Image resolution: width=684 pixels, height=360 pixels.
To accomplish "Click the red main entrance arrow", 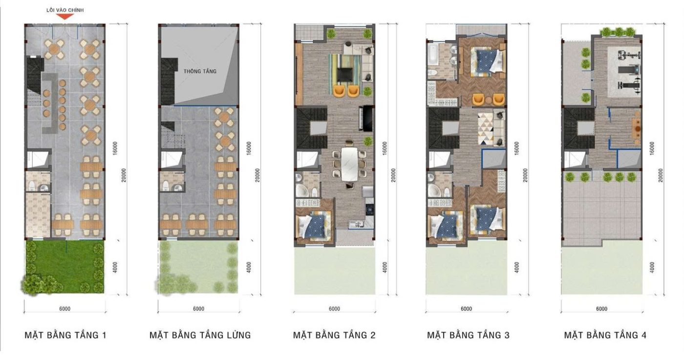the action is pos(65,17).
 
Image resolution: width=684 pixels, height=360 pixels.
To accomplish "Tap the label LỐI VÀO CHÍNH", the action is pos(65,10).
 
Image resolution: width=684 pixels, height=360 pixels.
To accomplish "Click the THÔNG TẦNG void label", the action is pos(200,71).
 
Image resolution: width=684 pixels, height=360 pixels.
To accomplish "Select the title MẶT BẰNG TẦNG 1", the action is pos(65,335).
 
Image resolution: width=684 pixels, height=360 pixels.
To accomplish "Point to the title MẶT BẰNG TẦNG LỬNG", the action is pos(200,335).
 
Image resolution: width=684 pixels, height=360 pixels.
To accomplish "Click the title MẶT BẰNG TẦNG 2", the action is pos(334,335).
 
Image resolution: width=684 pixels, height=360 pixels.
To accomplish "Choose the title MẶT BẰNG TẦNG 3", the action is pos(468,335).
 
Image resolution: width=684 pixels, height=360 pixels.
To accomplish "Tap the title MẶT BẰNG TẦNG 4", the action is pos(605,335).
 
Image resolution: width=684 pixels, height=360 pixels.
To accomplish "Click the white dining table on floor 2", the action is pos(349,164).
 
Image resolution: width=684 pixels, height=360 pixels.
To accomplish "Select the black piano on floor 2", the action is pos(366,119).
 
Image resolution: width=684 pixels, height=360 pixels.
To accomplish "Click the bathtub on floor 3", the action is pos(432,56).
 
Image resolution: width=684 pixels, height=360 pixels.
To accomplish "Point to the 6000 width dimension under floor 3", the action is pos(466,309).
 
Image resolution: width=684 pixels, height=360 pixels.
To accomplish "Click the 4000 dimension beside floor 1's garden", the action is pos(115,268).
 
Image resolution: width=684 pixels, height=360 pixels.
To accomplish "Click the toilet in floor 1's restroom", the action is pos(32,185).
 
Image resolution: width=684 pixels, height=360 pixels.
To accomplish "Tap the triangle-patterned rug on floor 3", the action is pos(486,128).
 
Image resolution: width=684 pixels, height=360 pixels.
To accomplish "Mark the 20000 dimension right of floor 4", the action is pos(661,175).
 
